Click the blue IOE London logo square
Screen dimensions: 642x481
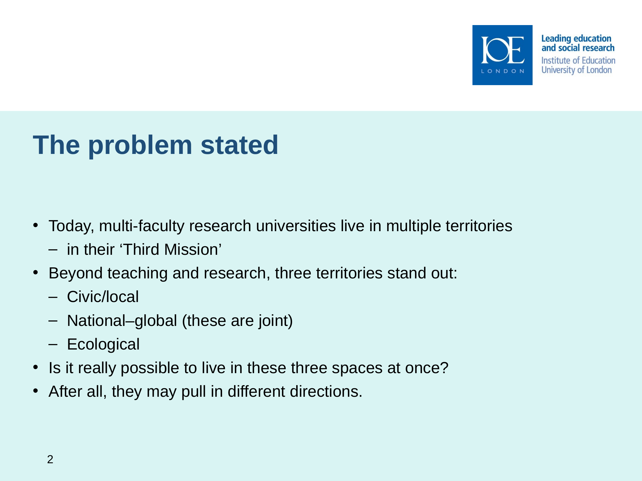pyautogui.click(x=502, y=55)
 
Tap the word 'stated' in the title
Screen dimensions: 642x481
pyautogui.click(x=239, y=145)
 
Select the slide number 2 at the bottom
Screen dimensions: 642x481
pyautogui.click(x=50, y=459)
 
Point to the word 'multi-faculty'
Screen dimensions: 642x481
pyautogui.click(x=142, y=226)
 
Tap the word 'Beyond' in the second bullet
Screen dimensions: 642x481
pyautogui.click(x=76, y=274)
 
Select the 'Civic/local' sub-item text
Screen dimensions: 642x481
pyautogui.click(x=103, y=297)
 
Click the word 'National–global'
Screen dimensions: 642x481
pyautogui.click(x=122, y=321)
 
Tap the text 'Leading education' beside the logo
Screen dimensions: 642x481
pyautogui.click(x=576, y=39)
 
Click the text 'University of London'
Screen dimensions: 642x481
pyautogui.click(x=577, y=70)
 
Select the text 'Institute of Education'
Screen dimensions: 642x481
pyautogui.click(x=578, y=60)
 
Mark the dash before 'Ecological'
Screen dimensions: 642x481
pyautogui.click(x=53, y=344)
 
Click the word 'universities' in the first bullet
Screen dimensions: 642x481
pyautogui.click(x=296, y=226)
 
